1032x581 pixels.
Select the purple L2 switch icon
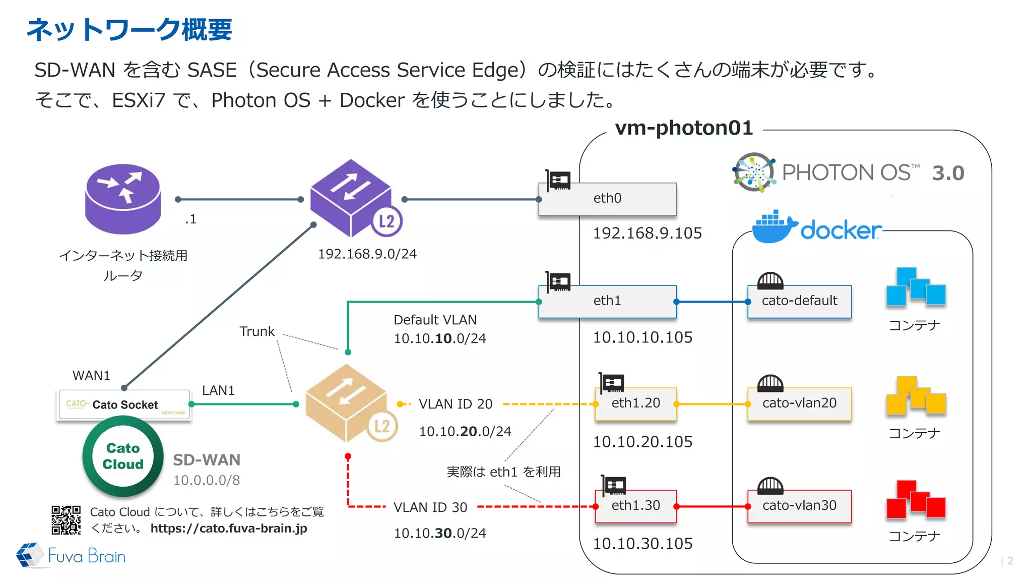click(x=353, y=199)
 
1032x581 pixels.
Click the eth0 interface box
click(x=607, y=199)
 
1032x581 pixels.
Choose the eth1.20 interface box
click(x=635, y=403)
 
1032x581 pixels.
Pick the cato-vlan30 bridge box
click(x=799, y=506)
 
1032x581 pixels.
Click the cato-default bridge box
click(x=799, y=301)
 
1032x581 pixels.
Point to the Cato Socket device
click(x=124, y=404)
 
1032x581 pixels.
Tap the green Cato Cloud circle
click(x=123, y=456)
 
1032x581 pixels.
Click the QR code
click(x=66, y=520)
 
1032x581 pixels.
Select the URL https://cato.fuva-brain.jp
click(x=229, y=528)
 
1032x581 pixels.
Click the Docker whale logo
click(x=774, y=227)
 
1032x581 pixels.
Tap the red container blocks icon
click(x=915, y=500)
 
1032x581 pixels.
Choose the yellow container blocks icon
click(x=915, y=396)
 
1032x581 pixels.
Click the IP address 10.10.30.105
click(x=642, y=544)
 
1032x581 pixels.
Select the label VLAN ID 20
click(x=456, y=404)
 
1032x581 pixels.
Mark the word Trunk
click(x=257, y=331)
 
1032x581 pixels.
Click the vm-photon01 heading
click(x=684, y=128)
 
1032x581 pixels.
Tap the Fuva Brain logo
click(x=71, y=556)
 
